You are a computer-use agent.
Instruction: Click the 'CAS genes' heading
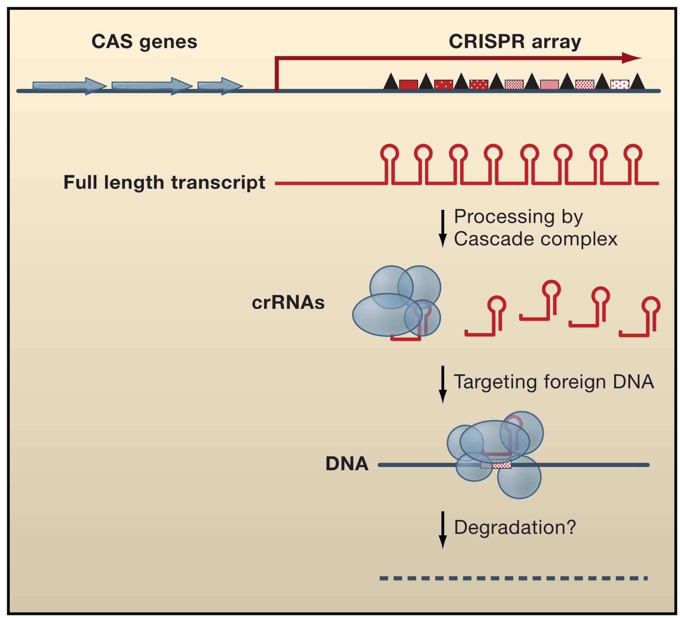(144, 42)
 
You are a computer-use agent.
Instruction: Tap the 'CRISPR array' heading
(515, 42)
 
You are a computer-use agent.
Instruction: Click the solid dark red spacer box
(408, 84)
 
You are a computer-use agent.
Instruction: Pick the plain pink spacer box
(550, 84)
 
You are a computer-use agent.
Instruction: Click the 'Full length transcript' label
(164, 182)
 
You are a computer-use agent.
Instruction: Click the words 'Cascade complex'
(535, 239)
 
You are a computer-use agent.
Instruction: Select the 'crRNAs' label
(288, 303)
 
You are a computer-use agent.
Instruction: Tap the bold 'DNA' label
(347, 464)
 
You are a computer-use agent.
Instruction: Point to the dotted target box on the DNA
(496, 465)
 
